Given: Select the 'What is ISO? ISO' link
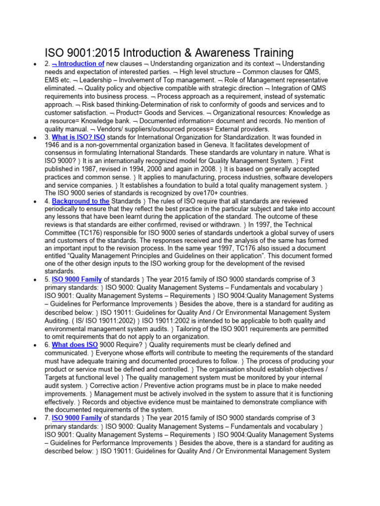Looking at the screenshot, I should pyautogui.click(x=78, y=137).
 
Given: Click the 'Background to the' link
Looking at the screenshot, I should pyautogui.click(x=80, y=201).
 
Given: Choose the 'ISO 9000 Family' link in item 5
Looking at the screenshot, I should pyautogui.click(x=77, y=280).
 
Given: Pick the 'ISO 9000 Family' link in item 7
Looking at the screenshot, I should pyautogui.click(x=77, y=418).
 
